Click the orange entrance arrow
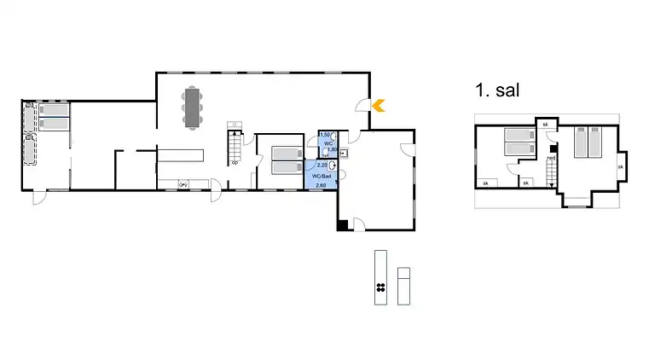pyautogui.click(x=379, y=106)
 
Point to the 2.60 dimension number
pyautogui.click(x=322, y=185)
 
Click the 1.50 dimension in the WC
pyautogui.click(x=324, y=136)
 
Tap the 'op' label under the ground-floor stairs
pyautogui.click(x=234, y=162)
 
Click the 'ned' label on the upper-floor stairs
pyautogui.click(x=551, y=158)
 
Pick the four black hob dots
pyautogui.click(x=380, y=287)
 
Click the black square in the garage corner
pyautogui.click(x=343, y=225)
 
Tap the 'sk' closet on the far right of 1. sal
pyautogui.click(x=620, y=166)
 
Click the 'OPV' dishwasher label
pyautogui.click(x=183, y=184)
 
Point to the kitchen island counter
pyautogui.click(x=181, y=154)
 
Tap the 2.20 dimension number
pyautogui.click(x=322, y=164)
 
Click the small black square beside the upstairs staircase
pyautogui.click(x=554, y=147)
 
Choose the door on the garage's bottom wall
pyautogui.click(x=360, y=225)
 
